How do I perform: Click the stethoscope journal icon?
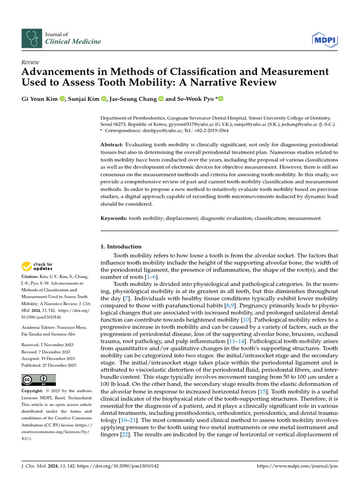[x=31, y=38]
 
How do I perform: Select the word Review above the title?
[x=30, y=62]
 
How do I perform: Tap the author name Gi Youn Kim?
[x=39, y=98]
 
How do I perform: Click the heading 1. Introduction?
[x=121, y=247]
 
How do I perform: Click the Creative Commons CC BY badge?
[x=39, y=380]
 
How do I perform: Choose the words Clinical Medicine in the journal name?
[x=73, y=42]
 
